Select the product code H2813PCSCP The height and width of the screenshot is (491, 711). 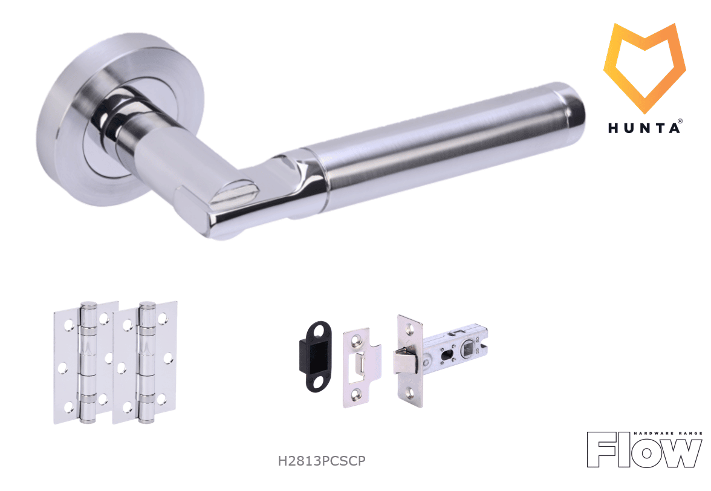[322, 461]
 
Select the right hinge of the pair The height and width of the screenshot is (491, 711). [144, 363]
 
